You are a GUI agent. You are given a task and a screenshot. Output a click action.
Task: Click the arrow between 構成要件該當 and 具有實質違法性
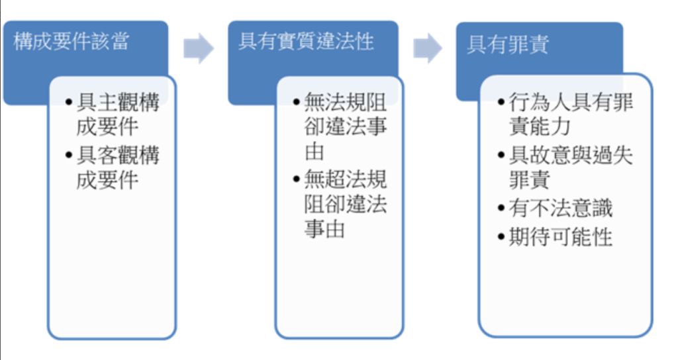[x=198, y=49]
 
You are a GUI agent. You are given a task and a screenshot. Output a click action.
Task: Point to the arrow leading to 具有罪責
[x=427, y=49]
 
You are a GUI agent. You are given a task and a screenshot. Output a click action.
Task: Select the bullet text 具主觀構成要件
[x=117, y=115]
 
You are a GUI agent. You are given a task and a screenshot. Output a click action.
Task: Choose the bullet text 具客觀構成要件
[x=117, y=168]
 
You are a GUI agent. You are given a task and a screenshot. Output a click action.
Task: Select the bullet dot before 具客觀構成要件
[x=70, y=156]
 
